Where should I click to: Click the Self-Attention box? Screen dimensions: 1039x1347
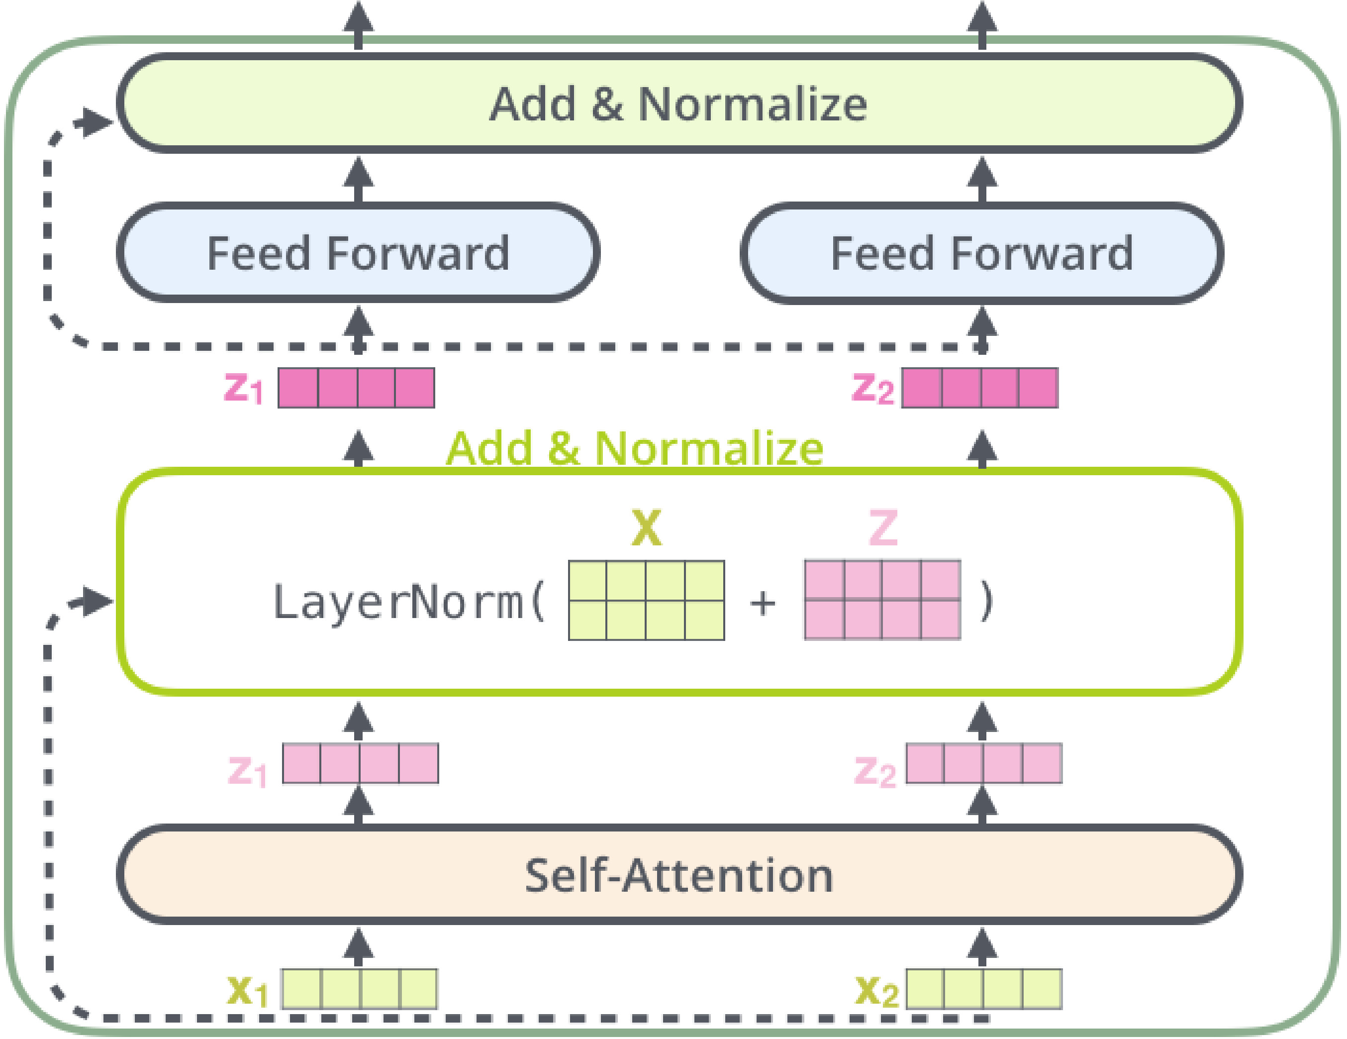(x=678, y=875)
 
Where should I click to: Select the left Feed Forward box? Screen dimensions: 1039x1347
(x=358, y=253)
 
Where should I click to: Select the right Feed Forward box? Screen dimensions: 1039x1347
(x=982, y=253)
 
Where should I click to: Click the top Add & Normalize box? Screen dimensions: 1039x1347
(x=678, y=104)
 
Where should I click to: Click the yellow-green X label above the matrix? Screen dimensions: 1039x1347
(x=646, y=528)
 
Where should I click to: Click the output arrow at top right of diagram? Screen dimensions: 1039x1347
(x=982, y=21)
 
